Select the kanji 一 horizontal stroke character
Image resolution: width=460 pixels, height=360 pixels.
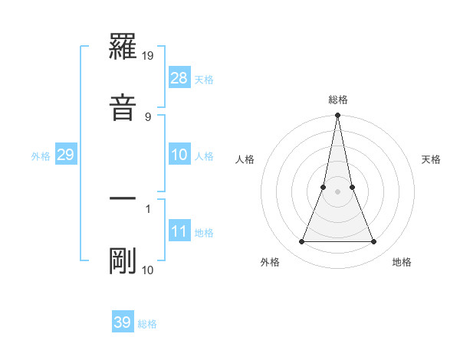[123, 198]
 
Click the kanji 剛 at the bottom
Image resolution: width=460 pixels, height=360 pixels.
[123, 261]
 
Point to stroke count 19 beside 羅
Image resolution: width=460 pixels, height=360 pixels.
[148, 55]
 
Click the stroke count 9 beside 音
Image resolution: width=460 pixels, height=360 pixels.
[148, 116]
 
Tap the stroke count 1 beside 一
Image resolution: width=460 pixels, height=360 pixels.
[148, 208]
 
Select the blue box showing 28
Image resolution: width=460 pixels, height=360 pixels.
[179, 78]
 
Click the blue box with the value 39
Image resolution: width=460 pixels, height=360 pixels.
[123, 322]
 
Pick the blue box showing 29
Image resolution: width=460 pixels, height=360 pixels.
[65, 155]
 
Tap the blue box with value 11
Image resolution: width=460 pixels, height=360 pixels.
[179, 231]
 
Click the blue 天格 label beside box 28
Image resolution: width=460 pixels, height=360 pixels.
[204, 80]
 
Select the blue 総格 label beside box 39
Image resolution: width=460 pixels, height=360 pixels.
[147, 324]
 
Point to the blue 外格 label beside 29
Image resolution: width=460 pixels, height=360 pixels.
[41, 156]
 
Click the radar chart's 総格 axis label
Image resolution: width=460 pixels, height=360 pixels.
[337, 100]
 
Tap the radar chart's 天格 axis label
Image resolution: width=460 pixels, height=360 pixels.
[432, 159]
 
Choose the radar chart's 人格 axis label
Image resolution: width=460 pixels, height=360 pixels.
[245, 159]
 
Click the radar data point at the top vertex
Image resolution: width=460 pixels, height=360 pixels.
[337, 116]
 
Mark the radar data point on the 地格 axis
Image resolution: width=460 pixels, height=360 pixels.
[374, 242]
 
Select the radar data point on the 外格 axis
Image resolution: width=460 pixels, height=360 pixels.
[301, 242]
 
